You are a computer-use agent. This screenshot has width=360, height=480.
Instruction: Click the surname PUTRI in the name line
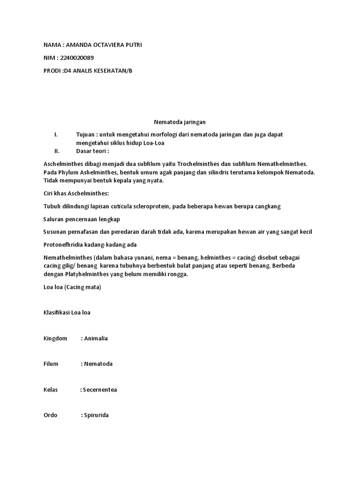[x=131, y=45]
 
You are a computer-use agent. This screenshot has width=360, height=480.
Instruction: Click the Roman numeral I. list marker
[x=56, y=135]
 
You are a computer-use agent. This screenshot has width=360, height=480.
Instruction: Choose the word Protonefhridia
[x=64, y=245]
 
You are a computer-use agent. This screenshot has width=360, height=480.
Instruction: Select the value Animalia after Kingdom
[x=96, y=338]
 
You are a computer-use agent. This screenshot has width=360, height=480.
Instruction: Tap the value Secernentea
[x=100, y=390]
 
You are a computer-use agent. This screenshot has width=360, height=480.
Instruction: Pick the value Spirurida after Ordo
[x=96, y=415]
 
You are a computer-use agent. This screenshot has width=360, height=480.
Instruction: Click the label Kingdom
[x=55, y=338]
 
